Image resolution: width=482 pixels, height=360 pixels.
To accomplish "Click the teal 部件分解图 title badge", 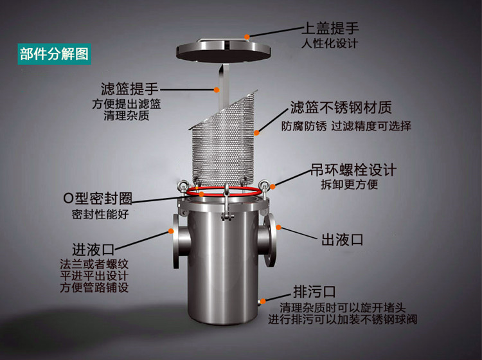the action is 55,54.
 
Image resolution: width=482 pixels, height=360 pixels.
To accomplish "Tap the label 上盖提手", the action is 331,28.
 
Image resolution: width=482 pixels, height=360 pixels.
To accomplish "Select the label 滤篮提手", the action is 129,89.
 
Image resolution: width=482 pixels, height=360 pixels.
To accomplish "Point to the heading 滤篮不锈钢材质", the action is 341,107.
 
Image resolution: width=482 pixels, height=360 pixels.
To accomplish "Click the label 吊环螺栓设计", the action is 353,170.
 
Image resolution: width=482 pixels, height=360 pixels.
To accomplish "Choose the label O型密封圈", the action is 98,198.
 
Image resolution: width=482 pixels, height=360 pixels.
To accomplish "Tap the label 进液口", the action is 93,249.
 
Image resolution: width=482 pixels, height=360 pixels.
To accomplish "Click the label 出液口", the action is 342,240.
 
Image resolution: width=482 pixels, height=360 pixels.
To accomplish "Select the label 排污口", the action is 314,291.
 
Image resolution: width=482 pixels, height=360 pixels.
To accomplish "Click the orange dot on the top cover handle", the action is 247,37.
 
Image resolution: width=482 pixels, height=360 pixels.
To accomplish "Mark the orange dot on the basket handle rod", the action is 217,90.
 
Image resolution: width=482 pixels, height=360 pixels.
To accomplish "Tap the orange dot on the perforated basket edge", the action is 256,133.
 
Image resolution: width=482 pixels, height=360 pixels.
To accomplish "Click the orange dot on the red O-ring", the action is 201,194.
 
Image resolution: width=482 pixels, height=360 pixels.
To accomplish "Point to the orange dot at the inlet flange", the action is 171,231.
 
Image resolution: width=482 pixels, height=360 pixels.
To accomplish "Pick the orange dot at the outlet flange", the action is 278,228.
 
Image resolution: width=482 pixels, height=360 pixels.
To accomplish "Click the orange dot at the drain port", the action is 263,301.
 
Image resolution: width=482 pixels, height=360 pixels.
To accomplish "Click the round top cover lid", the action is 224,51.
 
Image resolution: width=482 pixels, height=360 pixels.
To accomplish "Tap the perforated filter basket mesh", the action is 224,145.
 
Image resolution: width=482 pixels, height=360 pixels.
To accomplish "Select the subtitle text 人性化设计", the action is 330,43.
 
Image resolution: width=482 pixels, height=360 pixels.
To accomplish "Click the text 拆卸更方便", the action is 350,184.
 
